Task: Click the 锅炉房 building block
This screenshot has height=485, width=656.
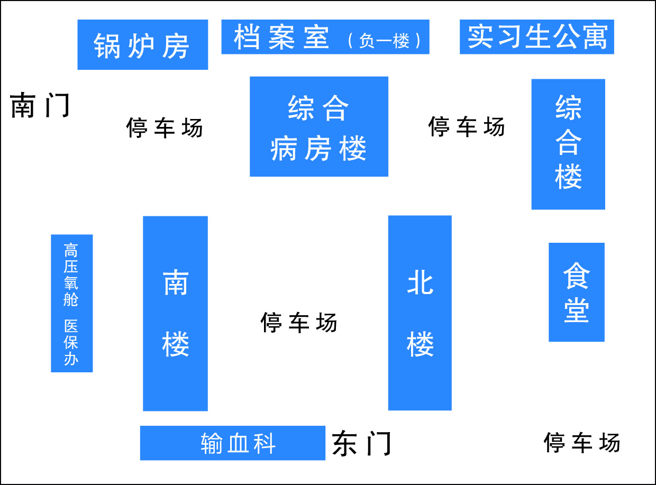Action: [142, 45]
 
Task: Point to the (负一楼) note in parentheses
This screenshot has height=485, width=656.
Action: [385, 41]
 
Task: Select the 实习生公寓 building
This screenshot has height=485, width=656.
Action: [537, 36]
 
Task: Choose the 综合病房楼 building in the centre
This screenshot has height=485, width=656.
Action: [319, 126]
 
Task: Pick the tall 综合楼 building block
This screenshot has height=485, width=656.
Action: [568, 144]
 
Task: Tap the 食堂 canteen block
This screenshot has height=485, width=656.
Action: [576, 292]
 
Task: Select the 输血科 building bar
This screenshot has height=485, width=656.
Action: [233, 443]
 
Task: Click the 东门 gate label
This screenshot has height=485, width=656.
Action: [362, 443]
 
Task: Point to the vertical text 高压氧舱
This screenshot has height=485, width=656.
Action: [71, 275]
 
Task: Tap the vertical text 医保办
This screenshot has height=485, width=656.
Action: [71, 342]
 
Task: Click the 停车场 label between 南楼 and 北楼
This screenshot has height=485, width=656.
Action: [299, 322]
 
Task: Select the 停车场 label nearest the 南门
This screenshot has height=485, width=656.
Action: [165, 127]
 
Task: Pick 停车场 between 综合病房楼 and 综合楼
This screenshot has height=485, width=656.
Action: [466, 126]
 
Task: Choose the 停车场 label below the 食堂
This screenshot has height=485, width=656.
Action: [582, 442]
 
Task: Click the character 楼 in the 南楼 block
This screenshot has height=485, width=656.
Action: [176, 344]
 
